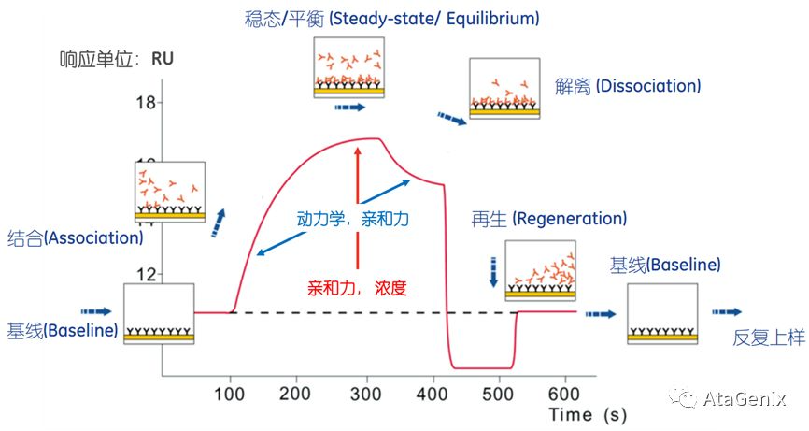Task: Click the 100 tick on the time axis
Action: (x=229, y=393)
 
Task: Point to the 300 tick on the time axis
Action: (x=362, y=393)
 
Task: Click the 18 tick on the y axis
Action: (x=144, y=103)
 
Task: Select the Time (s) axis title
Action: (x=586, y=413)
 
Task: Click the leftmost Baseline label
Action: (x=63, y=330)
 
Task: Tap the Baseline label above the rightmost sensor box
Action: (x=665, y=265)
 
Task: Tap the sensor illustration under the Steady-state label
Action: (x=348, y=68)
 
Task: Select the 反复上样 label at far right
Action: (x=769, y=338)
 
